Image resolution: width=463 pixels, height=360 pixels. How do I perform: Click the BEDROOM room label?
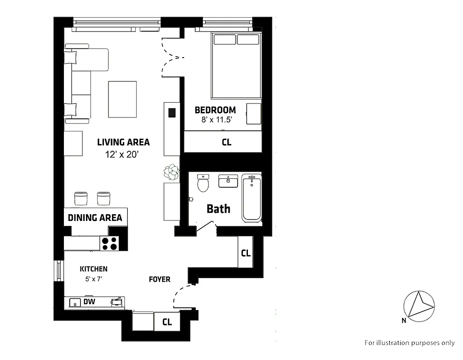[x=215, y=110]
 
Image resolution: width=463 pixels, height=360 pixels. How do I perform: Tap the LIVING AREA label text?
[x=123, y=142]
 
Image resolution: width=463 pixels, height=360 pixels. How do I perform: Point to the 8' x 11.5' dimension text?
[x=218, y=120]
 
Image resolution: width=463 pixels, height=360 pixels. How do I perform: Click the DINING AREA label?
[x=95, y=218]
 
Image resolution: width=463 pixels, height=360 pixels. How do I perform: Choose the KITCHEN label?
[x=94, y=269]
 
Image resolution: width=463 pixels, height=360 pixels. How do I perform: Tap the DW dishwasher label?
[x=88, y=302]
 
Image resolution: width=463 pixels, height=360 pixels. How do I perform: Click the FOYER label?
[x=160, y=279]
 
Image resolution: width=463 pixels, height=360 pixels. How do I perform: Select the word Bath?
[x=218, y=209]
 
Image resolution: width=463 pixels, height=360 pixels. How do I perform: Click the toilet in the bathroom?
[x=203, y=184]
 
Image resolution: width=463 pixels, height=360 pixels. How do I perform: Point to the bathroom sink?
[x=229, y=181]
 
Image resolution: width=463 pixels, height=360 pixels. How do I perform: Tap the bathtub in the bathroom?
[x=252, y=198]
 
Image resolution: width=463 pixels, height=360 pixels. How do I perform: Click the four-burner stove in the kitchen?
[x=109, y=243]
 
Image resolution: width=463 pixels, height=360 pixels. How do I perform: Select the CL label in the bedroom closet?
[x=226, y=142]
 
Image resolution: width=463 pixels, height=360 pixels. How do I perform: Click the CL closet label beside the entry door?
[x=167, y=322]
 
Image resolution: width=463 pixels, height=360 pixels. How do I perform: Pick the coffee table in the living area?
[x=122, y=99]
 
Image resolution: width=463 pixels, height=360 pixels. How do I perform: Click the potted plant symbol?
[x=171, y=172]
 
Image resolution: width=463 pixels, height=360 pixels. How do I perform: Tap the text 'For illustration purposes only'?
[x=409, y=342]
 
